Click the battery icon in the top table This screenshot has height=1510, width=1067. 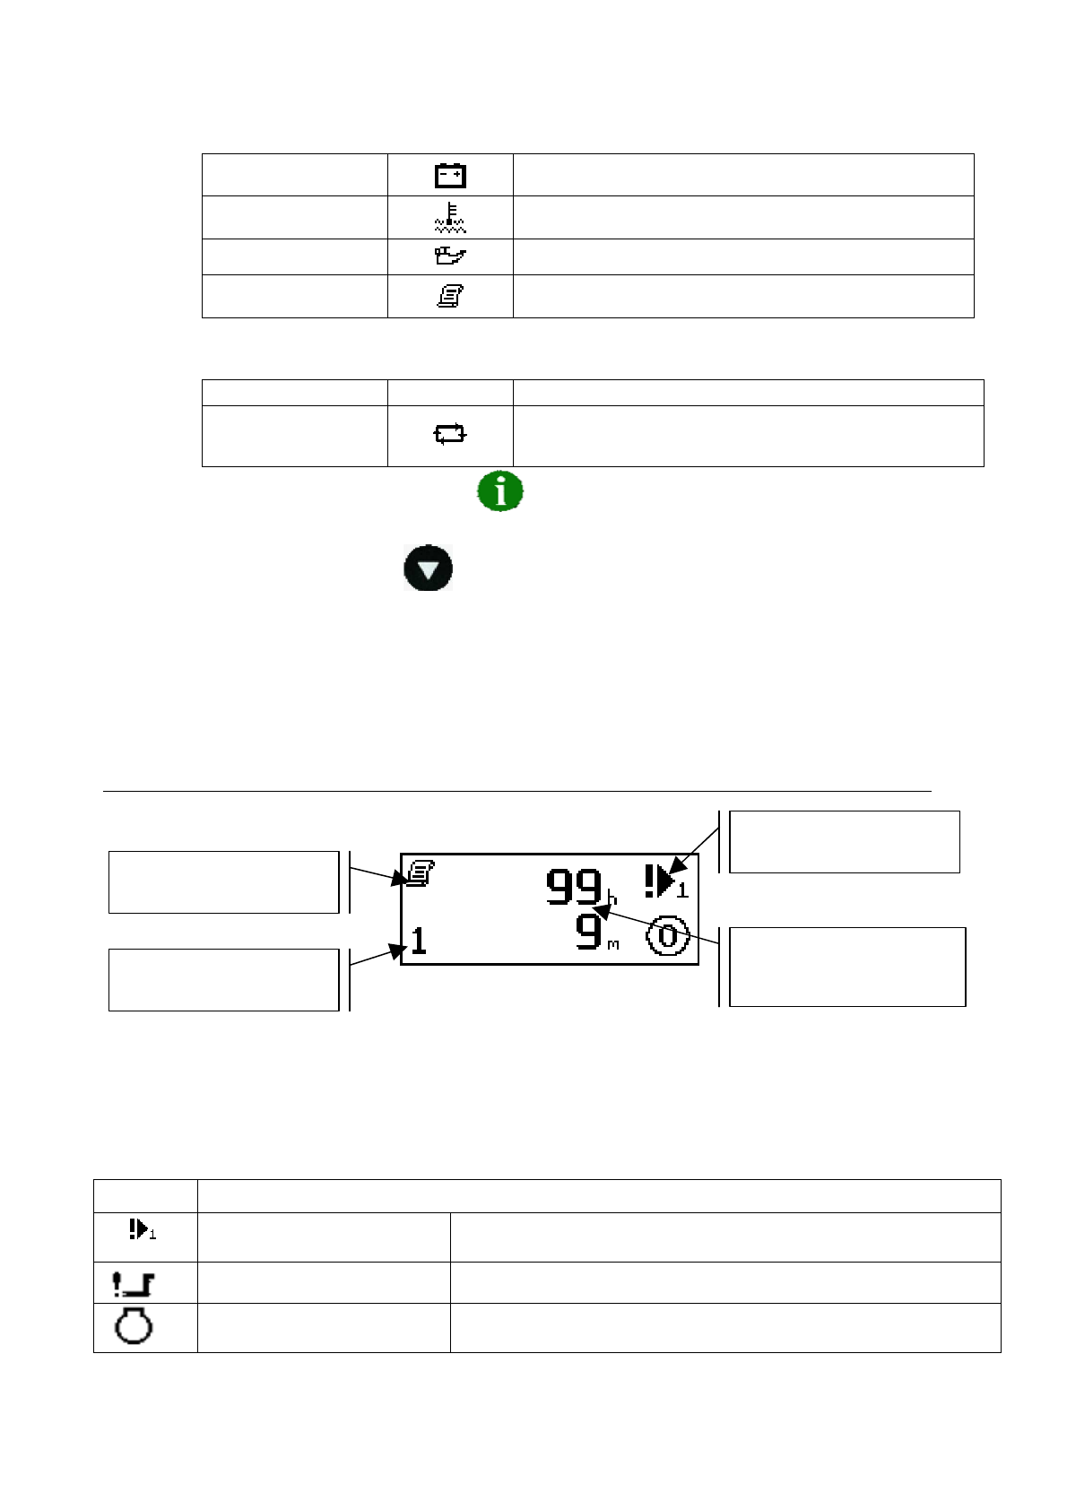(449, 175)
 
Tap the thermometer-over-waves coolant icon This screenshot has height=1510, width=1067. (449, 218)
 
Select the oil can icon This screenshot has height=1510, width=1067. (449, 256)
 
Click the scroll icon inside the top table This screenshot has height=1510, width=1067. (449, 296)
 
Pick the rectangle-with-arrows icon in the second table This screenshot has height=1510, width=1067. (449, 434)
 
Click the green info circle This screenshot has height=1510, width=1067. (500, 490)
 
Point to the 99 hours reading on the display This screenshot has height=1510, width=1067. (574, 887)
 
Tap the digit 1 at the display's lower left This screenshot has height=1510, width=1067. (419, 941)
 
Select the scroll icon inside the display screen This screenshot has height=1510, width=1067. (421, 873)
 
